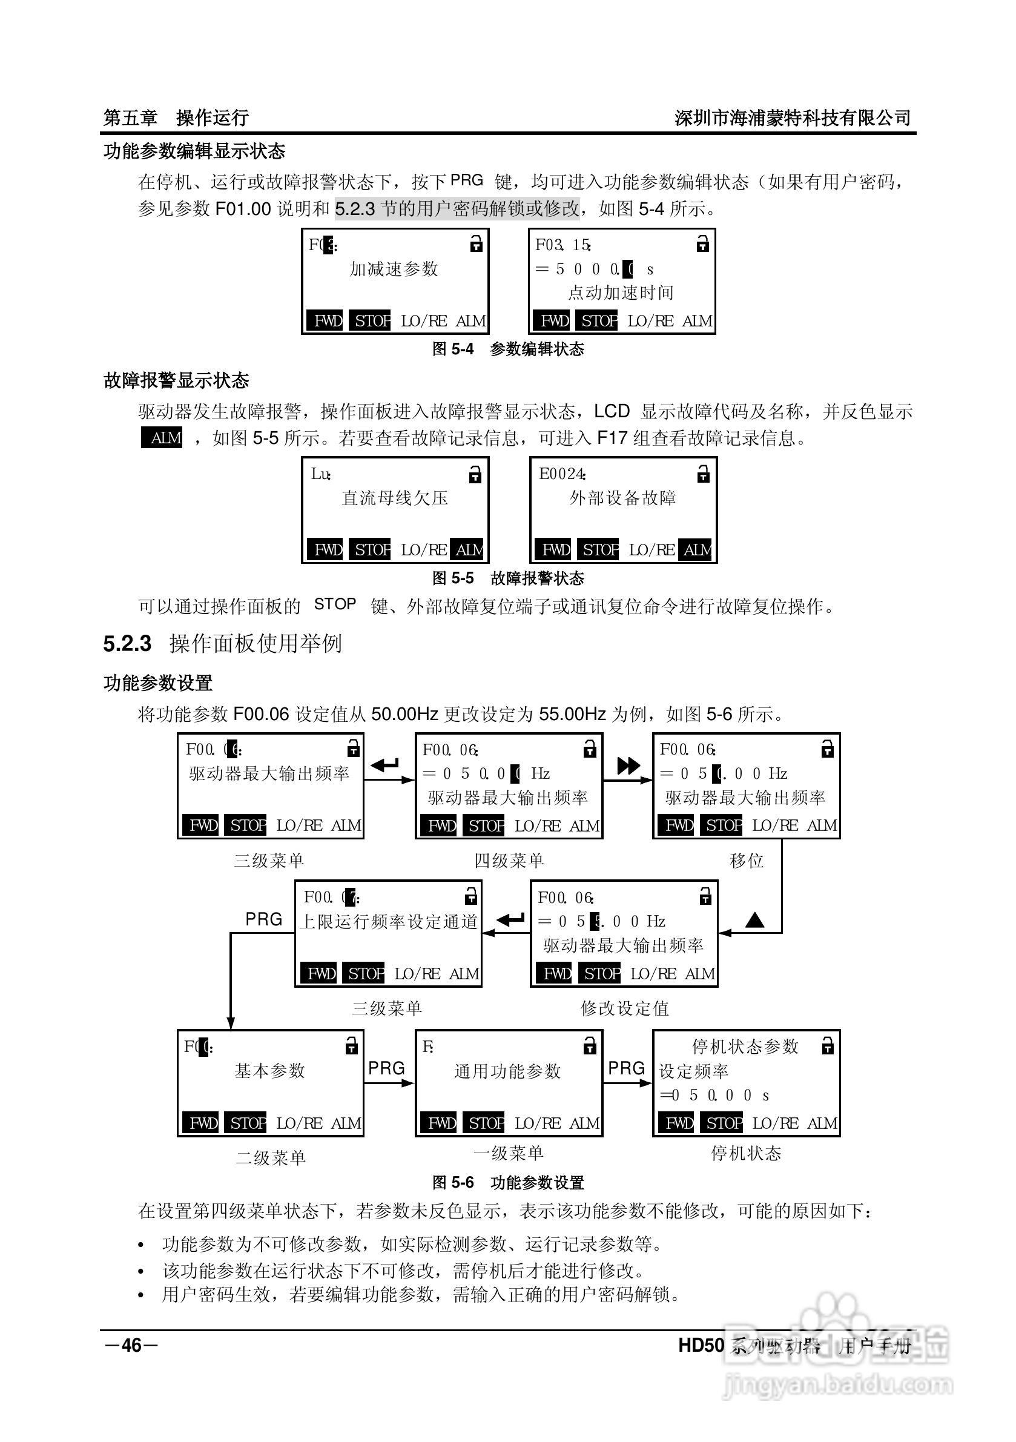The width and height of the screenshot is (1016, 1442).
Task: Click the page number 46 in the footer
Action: click(131, 1344)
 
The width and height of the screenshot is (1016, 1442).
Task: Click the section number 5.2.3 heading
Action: click(128, 644)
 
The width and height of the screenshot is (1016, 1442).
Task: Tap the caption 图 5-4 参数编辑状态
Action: click(508, 349)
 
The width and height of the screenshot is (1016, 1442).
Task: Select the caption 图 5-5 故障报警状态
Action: click(508, 578)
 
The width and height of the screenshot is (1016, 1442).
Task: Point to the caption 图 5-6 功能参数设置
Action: click(508, 1183)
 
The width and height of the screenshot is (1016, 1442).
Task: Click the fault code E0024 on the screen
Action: click(562, 474)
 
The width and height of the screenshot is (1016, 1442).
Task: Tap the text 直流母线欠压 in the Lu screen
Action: click(394, 498)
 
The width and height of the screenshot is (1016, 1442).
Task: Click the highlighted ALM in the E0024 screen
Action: click(698, 550)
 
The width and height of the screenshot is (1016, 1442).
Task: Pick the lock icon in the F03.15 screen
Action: click(702, 243)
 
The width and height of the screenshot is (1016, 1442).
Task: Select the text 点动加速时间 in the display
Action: click(621, 293)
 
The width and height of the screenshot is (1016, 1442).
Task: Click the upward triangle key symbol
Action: click(755, 921)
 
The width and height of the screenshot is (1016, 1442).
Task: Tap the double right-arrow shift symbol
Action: click(628, 765)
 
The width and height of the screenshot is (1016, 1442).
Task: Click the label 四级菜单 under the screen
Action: click(509, 861)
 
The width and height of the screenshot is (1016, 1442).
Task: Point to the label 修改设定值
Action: click(624, 1008)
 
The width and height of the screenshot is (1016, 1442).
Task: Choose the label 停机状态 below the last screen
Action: click(746, 1153)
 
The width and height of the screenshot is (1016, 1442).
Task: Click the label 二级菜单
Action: click(271, 1157)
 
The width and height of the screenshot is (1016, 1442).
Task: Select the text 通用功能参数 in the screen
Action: click(507, 1071)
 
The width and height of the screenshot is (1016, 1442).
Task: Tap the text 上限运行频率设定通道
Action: click(388, 922)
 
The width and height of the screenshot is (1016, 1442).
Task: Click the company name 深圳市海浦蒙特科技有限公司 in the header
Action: click(793, 118)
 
